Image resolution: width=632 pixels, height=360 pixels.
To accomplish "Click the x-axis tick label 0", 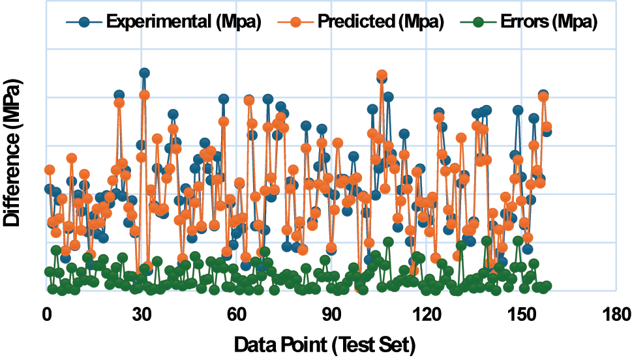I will coord(46,314).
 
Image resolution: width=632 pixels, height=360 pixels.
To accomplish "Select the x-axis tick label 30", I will coord(142,314).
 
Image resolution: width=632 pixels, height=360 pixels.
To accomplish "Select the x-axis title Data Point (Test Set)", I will coord(324,343).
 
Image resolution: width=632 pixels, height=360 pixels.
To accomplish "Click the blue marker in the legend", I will coord(83,22).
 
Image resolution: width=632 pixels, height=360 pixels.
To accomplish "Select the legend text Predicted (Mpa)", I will coord(381,22).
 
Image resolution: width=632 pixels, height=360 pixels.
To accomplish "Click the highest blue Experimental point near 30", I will coord(144,73).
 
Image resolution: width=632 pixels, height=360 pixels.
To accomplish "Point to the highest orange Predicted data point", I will coord(382,75).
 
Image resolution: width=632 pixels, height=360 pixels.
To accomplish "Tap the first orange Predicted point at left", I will coord(49,170).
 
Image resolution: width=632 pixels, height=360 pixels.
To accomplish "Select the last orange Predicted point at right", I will coord(547,127).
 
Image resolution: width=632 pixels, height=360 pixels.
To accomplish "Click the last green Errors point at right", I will coord(547,286).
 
